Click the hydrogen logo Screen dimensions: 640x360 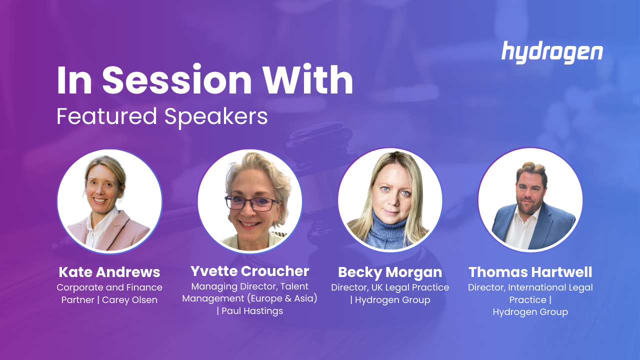click(x=552, y=52)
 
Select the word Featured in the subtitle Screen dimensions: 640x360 click(x=106, y=116)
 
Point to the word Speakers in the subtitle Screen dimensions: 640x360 click(x=216, y=117)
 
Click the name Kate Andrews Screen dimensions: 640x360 click(x=109, y=272)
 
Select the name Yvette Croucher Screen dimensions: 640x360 click(x=249, y=271)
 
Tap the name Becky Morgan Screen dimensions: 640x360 click(x=390, y=272)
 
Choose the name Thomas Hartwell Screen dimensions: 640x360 click(x=530, y=272)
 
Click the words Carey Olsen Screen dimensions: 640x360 click(x=129, y=300)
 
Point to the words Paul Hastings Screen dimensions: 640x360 click(x=252, y=311)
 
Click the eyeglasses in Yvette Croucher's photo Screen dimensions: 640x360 click(x=251, y=203)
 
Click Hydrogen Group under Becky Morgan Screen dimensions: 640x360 click(x=392, y=300)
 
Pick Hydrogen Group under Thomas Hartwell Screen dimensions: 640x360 click(x=530, y=312)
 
